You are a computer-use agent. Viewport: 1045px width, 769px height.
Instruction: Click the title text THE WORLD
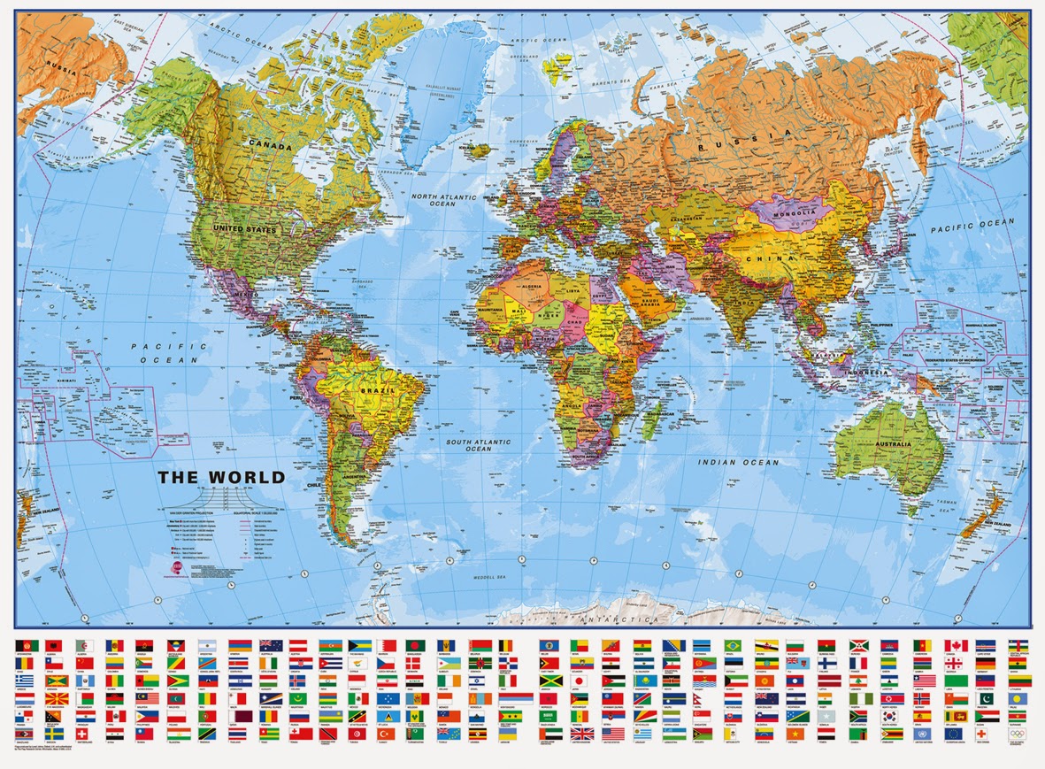221,477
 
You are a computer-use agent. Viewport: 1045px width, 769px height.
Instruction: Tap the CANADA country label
271,143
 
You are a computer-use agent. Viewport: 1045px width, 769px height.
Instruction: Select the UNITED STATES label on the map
244,229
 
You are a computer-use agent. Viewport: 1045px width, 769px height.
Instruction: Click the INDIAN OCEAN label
738,462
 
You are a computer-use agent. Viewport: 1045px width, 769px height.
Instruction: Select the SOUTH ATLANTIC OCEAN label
479,445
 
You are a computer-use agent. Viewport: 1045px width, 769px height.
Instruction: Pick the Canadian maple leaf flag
956,645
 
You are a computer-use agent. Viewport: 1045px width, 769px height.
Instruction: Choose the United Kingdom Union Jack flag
581,734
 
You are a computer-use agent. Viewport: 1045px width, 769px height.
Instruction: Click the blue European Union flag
954,734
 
